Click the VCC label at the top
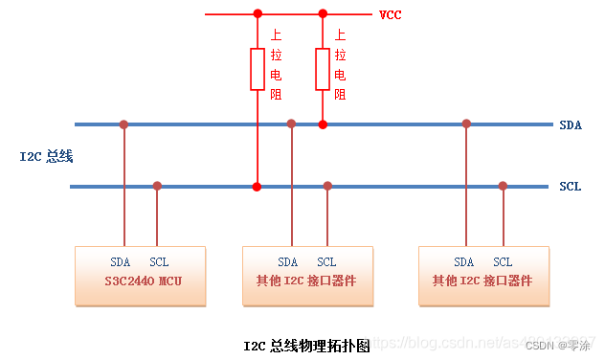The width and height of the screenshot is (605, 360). coord(390,14)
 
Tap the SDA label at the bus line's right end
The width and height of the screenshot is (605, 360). coord(571,124)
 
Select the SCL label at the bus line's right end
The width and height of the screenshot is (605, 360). coord(571,186)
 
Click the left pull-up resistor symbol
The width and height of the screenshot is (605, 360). coord(257,69)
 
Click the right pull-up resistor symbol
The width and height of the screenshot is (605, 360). coord(323,69)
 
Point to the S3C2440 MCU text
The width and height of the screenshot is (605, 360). coord(143,281)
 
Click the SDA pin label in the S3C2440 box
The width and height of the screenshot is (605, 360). coord(121,261)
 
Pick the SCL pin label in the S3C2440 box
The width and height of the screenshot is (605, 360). coord(159,261)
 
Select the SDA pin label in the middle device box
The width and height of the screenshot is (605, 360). coord(288,262)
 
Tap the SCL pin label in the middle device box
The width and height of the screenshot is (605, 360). coord(326,262)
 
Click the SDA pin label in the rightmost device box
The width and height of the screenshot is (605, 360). coord(464,262)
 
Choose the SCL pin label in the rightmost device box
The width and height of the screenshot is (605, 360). coord(503,262)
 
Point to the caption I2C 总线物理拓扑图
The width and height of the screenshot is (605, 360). coord(305,346)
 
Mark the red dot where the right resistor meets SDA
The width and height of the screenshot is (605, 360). coord(323,124)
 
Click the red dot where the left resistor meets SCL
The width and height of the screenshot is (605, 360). coord(257,186)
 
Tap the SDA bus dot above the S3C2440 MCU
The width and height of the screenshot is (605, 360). coord(123,124)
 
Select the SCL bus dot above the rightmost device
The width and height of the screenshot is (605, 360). coord(503,186)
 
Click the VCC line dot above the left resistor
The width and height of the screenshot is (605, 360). coord(257,14)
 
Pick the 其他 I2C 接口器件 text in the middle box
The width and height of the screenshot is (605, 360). coord(306,281)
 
